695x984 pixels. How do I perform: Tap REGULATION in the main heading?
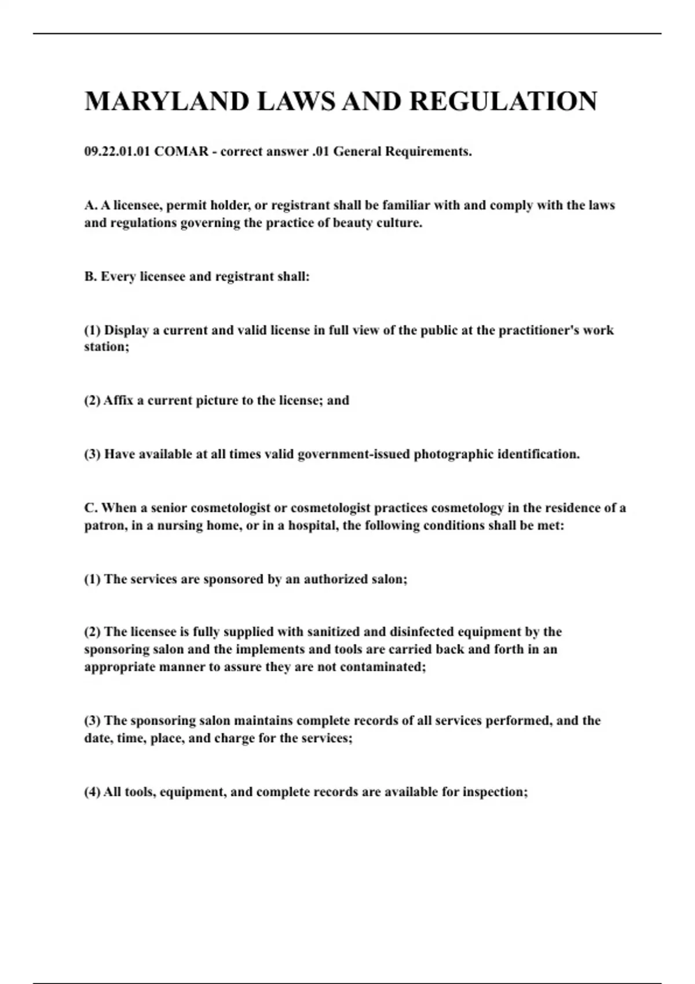pyautogui.click(x=503, y=101)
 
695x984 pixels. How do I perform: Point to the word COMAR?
pyautogui.click(x=181, y=152)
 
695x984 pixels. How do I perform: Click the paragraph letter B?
pyautogui.click(x=90, y=277)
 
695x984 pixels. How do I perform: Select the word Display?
pyautogui.click(x=126, y=331)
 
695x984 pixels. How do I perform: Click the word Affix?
pyautogui.click(x=118, y=401)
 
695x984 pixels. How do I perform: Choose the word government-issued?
pyautogui.click(x=353, y=454)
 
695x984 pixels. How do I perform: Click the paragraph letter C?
pyautogui.click(x=90, y=508)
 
